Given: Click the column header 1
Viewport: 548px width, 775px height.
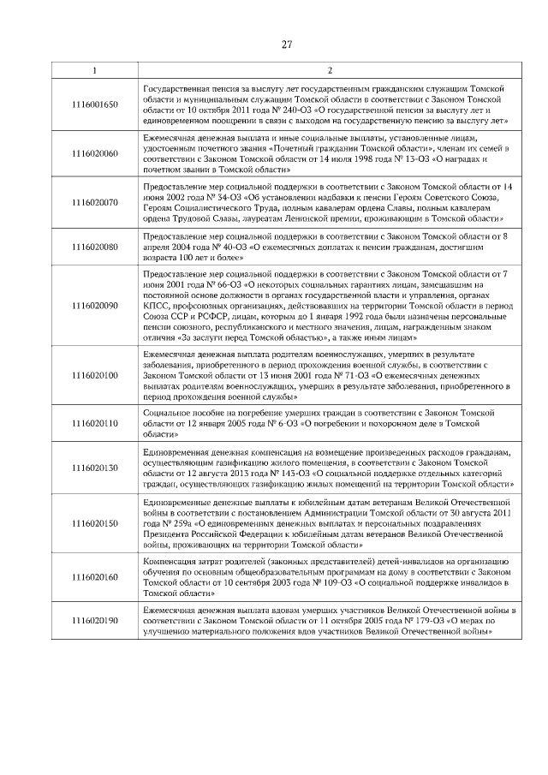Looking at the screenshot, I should pyautogui.click(x=95, y=69).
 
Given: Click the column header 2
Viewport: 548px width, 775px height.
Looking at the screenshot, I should pyautogui.click(x=330, y=69).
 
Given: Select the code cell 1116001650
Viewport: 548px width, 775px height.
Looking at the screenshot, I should pyautogui.click(x=95, y=104).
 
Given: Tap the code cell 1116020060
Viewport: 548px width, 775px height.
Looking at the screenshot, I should pyautogui.click(x=95, y=154).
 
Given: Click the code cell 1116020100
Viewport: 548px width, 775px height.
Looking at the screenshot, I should pyautogui.click(x=95, y=374).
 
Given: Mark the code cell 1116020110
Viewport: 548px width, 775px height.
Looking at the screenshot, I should pyautogui.click(x=95, y=423).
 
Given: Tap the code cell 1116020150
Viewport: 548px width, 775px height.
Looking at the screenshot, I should pyautogui.click(x=95, y=522).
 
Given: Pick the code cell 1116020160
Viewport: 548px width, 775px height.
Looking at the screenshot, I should pyautogui.click(x=95, y=577).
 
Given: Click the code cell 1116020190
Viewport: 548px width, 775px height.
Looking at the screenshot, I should pyautogui.click(x=95, y=621).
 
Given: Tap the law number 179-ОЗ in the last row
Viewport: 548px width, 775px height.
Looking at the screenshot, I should pyautogui.click(x=443, y=621).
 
